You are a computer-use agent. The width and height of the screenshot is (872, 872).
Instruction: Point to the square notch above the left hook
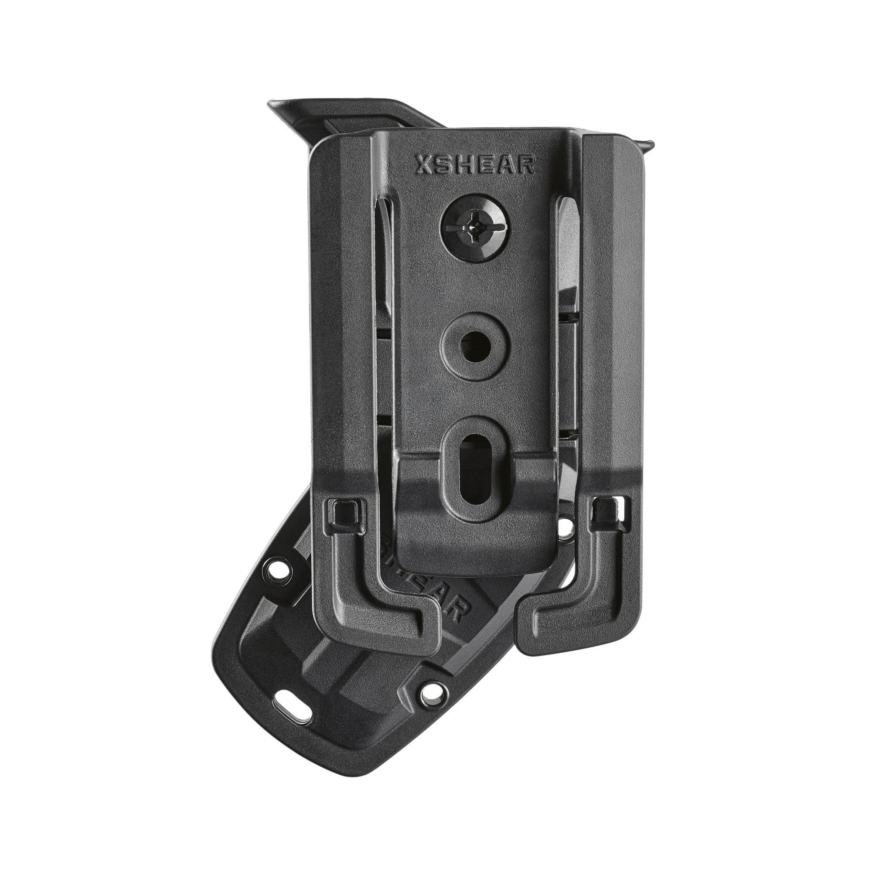[344, 512]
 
